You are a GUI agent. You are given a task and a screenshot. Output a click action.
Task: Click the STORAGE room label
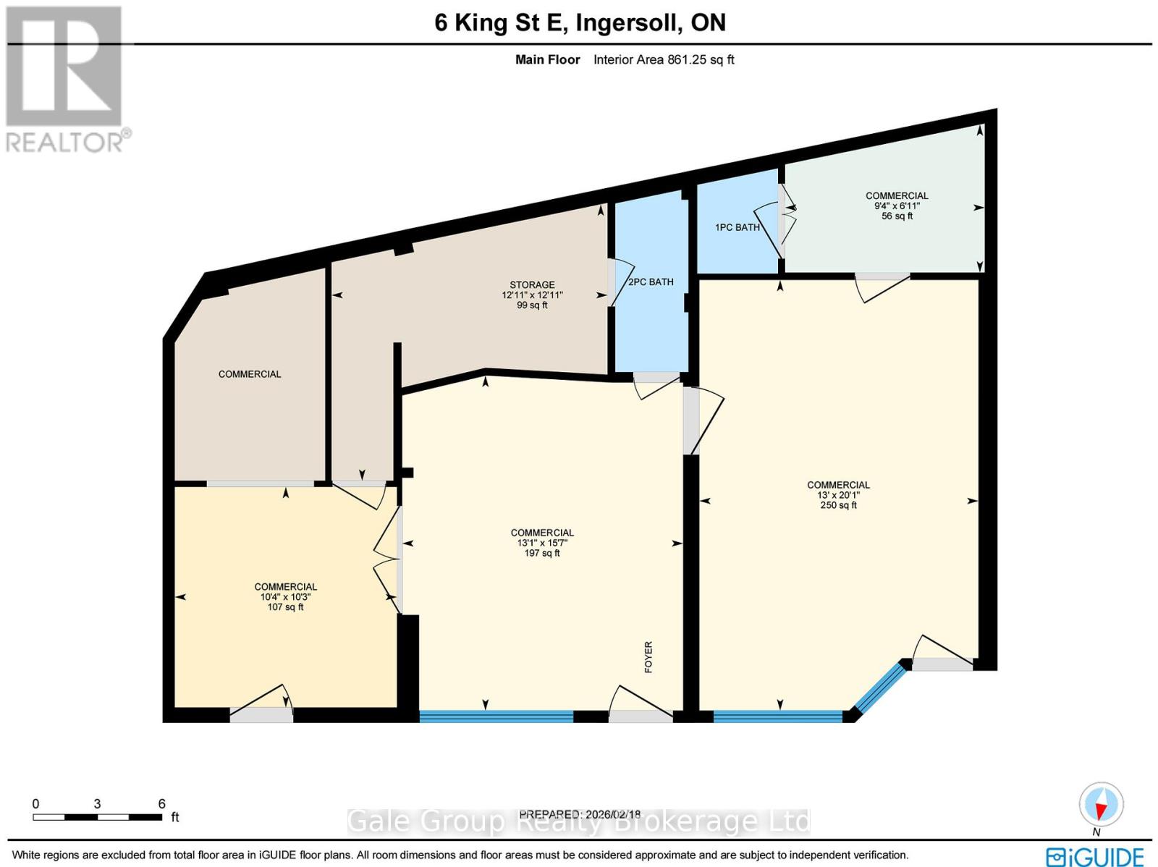coord(532,285)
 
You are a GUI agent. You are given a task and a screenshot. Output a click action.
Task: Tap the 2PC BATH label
coord(651,282)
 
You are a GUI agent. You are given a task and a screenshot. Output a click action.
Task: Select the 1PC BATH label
coord(737,227)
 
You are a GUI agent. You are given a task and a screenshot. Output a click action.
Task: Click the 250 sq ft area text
coord(838,505)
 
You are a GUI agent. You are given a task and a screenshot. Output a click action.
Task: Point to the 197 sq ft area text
coord(541,553)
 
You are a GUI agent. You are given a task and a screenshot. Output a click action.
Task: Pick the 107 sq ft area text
coord(285,607)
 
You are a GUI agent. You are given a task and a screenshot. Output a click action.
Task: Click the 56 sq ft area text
coord(897,216)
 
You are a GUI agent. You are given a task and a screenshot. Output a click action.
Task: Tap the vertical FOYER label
coord(648,657)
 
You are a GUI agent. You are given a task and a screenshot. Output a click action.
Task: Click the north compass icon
coord(1101,805)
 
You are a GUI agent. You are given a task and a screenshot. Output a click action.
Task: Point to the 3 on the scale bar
coord(97,804)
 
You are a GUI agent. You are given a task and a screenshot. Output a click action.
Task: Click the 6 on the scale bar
coord(161,804)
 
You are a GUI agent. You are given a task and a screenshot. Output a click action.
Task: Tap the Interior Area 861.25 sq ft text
coord(663,60)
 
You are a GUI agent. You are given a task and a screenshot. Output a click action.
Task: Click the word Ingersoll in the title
coord(628,22)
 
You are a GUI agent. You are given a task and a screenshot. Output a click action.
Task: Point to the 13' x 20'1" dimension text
coord(838,495)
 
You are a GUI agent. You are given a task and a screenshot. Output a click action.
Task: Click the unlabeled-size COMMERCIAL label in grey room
coord(250,374)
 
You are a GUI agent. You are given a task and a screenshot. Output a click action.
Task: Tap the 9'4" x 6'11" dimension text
coord(897,206)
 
